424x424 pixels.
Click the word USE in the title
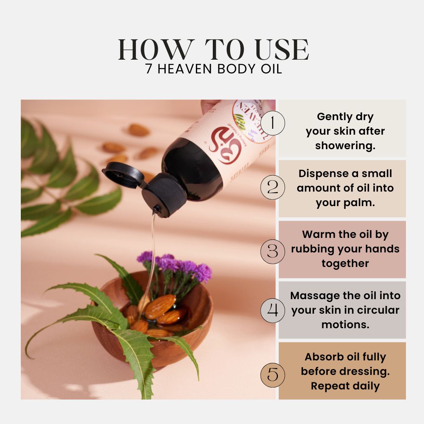[280, 50]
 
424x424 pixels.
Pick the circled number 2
[272, 187]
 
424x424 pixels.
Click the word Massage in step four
[314, 295]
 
